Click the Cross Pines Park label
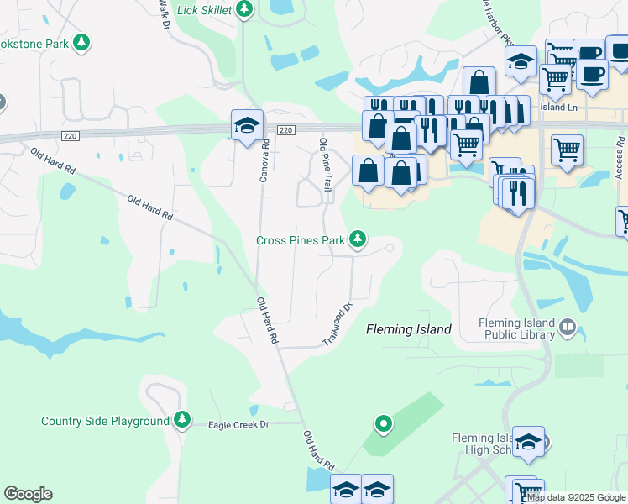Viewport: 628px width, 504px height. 301,240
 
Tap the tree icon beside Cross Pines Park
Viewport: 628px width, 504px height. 358,240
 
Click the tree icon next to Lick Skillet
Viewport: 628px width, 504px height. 244,9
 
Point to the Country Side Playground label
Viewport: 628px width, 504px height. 106,421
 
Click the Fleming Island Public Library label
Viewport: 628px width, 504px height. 516,328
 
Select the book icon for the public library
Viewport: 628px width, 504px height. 568,328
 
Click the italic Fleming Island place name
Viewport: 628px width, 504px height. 409,330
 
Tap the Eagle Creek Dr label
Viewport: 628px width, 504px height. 238,425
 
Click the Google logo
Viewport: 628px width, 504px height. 28,494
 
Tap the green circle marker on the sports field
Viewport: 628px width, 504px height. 383,424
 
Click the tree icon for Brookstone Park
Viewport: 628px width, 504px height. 81,42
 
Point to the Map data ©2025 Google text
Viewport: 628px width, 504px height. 576,498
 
